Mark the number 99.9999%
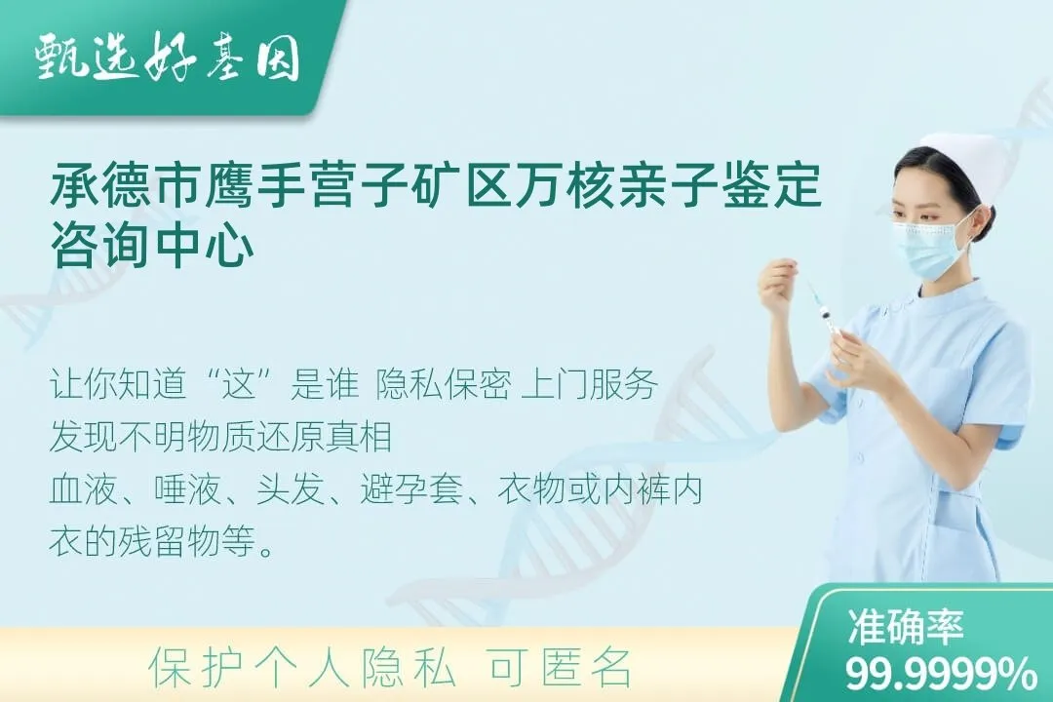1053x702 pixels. pyautogui.click(x=940, y=673)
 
